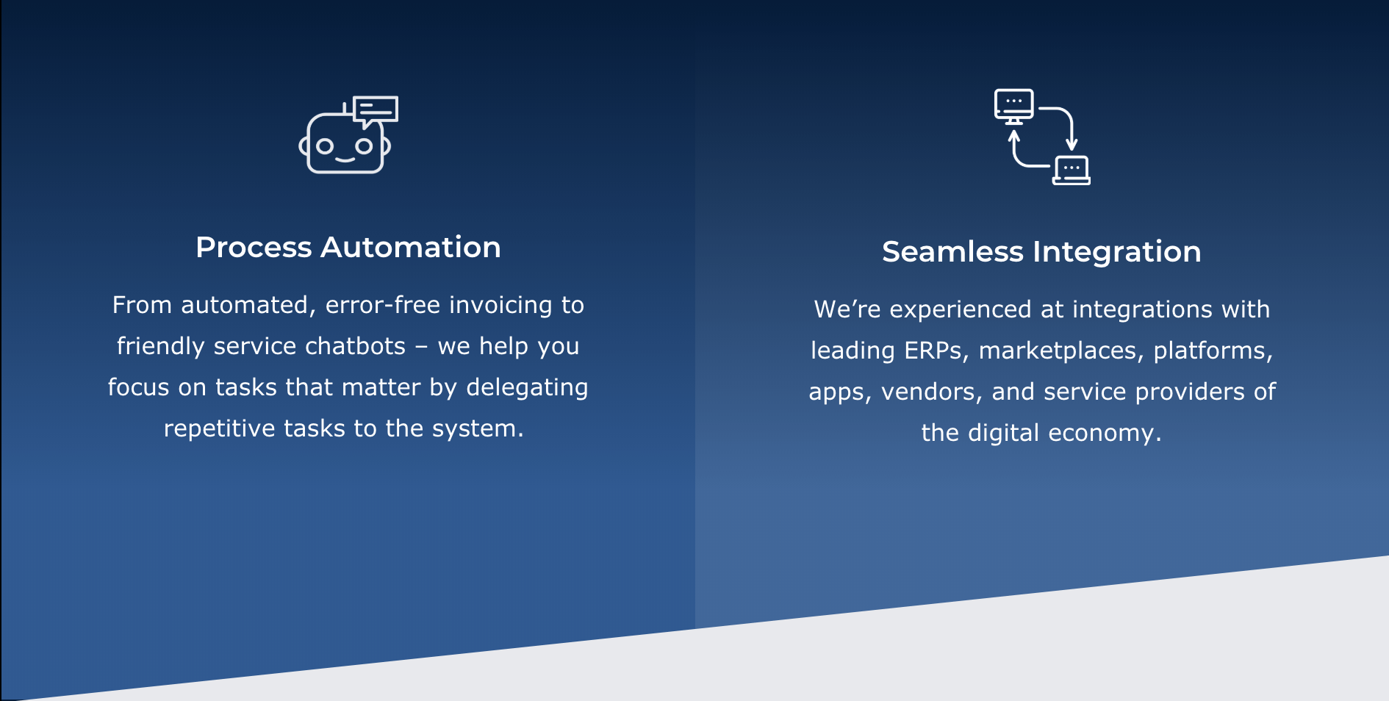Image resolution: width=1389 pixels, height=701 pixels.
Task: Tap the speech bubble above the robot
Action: (x=376, y=111)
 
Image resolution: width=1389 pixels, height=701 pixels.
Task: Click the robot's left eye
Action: (x=325, y=147)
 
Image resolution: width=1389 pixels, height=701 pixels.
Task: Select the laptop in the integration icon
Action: (x=1072, y=170)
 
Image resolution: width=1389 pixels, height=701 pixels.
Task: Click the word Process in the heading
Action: (x=254, y=248)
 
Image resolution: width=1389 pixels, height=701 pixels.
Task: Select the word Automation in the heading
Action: (x=411, y=248)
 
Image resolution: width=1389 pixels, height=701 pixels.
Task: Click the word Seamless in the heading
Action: (x=952, y=252)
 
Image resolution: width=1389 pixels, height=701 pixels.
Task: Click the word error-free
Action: (x=383, y=305)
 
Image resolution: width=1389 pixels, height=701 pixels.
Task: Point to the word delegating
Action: (x=527, y=388)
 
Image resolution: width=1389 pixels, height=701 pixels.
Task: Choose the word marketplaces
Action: (x=1061, y=351)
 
